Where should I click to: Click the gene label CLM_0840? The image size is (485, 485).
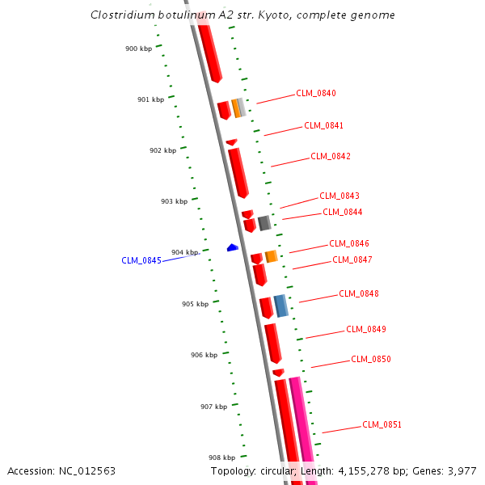[316, 93]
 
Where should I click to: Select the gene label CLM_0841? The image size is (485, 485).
[323, 125]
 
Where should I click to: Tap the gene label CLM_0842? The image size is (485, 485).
[331, 156]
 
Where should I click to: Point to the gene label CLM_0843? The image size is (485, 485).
[339, 196]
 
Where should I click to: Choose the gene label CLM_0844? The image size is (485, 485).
[343, 212]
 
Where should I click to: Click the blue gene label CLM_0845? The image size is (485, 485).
[141, 260]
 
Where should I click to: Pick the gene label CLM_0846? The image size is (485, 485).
[349, 243]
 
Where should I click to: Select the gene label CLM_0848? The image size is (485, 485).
[359, 293]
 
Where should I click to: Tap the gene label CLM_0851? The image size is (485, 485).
[382, 424]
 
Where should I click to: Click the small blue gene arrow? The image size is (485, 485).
[232, 247]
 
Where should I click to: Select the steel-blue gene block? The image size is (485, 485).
[280, 306]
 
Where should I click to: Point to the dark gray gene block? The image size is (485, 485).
[264, 222]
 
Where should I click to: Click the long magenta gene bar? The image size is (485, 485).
[302, 428]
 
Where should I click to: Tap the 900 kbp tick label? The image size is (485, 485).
[139, 48]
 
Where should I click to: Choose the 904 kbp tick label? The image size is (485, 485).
[184, 252]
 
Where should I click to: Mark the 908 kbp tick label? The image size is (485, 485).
[221, 458]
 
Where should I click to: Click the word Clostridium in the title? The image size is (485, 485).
[119, 15]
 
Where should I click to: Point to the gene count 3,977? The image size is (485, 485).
[459, 470]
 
